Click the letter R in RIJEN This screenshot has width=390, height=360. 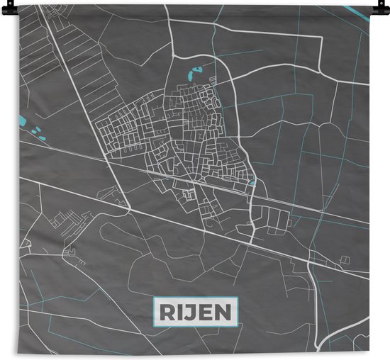point(165,310)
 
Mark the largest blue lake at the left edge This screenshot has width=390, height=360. point(23,121)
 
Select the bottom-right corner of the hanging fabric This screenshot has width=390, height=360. point(369,352)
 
